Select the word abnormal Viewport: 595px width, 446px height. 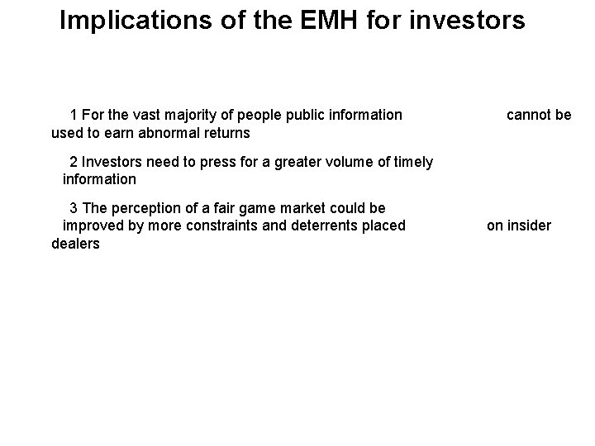click(x=170, y=132)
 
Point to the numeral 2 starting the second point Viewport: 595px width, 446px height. click(x=74, y=162)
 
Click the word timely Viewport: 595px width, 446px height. click(x=412, y=162)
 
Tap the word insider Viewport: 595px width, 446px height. click(x=530, y=225)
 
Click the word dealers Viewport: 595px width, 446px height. click(x=75, y=244)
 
